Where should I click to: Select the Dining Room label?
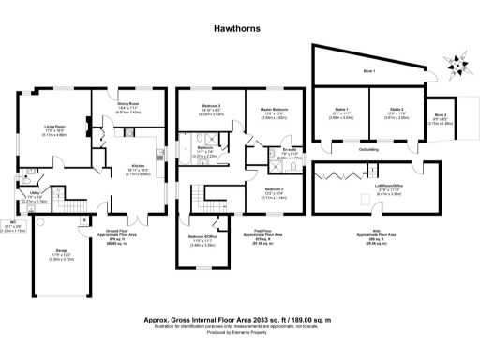pos(129,105)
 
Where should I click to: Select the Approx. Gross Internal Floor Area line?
pos(241,319)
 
